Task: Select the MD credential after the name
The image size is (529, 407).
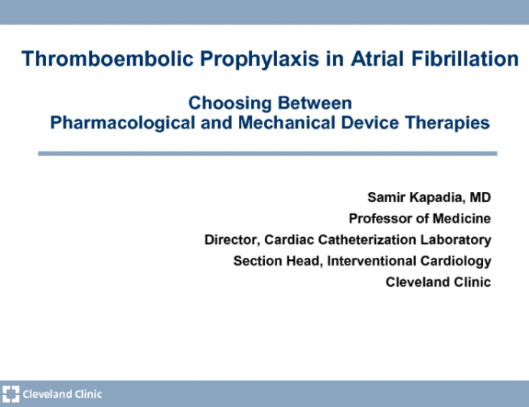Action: pyautogui.click(x=480, y=197)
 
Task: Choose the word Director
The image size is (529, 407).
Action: pyautogui.click(x=230, y=239)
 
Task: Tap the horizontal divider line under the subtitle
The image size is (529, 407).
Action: pyautogui.click(x=267, y=154)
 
